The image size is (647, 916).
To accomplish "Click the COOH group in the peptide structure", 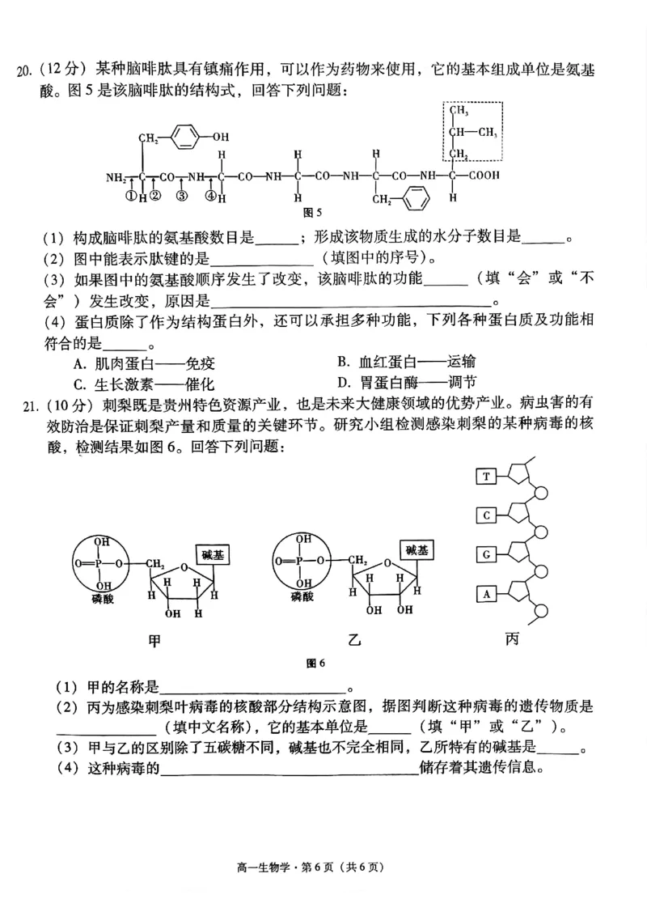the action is click(483, 175).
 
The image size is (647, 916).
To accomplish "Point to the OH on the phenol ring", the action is click(220, 136).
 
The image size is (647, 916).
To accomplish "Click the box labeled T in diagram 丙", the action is click(485, 477).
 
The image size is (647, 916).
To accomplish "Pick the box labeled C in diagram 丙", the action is click(485, 515).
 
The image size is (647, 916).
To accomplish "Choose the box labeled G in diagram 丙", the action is click(485, 554).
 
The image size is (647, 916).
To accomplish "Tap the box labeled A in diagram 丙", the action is click(485, 594).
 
